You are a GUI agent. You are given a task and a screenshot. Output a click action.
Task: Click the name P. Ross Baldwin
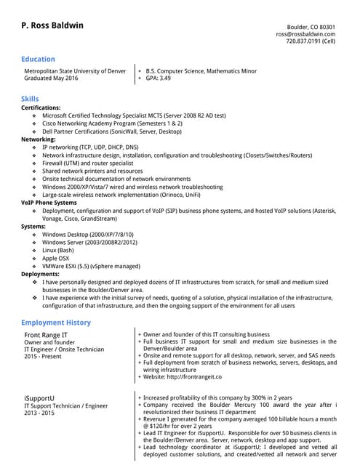coord(52,26)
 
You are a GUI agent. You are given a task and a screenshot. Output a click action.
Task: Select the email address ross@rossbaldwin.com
coord(305,34)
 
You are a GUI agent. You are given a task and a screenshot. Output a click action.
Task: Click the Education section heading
coord(38,60)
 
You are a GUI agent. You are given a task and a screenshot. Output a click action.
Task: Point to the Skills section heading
coord(30,98)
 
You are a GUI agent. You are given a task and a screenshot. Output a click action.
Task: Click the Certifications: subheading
coord(41,108)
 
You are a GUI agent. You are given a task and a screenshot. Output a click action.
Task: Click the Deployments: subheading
coord(41,274)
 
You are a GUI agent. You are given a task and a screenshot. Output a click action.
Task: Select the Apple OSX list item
coord(56,258)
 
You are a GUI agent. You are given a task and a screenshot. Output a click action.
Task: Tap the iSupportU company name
coord(41,398)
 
